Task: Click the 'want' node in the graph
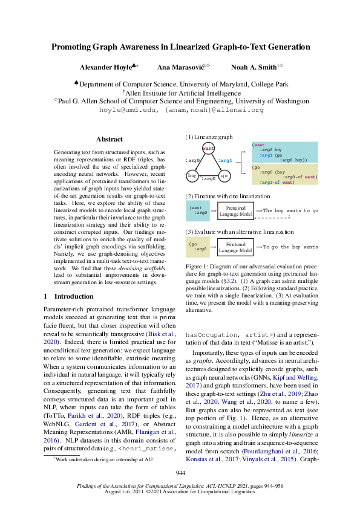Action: (208, 148)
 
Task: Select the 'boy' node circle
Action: (193, 175)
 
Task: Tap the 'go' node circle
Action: (224, 175)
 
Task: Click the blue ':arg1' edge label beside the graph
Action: (224, 161)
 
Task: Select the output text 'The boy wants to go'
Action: (290, 210)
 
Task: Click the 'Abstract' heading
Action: (110, 139)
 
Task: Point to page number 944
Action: (180, 472)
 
